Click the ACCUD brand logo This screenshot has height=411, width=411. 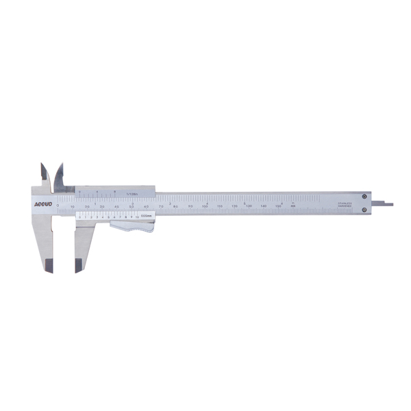click(x=42, y=204)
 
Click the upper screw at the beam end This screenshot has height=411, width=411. click(x=364, y=197)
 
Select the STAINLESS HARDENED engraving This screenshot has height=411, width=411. click(x=344, y=205)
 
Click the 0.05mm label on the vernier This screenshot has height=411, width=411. click(x=146, y=216)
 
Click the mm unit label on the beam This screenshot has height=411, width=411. click(x=292, y=206)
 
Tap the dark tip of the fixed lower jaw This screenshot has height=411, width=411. click(x=49, y=264)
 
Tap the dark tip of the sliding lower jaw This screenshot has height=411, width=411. click(x=79, y=264)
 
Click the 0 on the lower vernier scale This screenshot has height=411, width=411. click(x=79, y=216)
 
